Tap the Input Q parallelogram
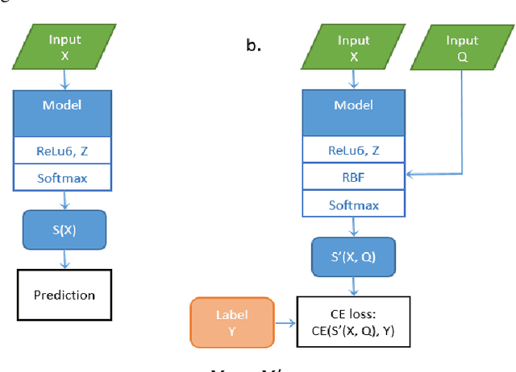pos(461,48)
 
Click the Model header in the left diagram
pos(64,105)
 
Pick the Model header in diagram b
pos(354,105)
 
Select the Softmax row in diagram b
pos(354,205)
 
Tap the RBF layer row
pos(354,176)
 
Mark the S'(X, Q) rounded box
pos(354,257)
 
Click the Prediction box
pos(64,295)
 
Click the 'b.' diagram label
pos(254,46)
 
